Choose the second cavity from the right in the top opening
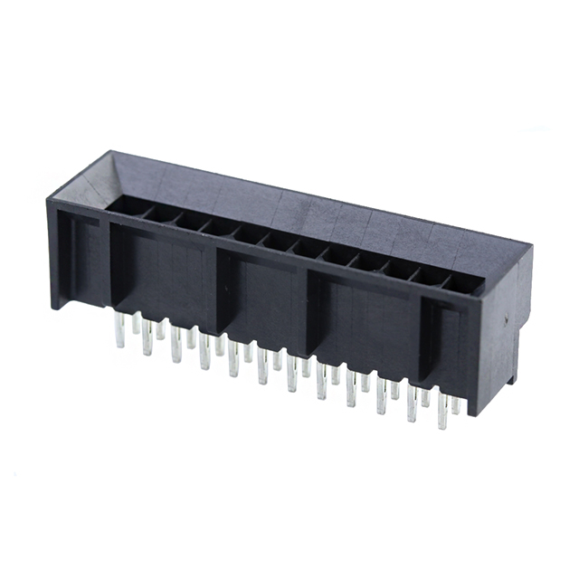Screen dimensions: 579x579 431,275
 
